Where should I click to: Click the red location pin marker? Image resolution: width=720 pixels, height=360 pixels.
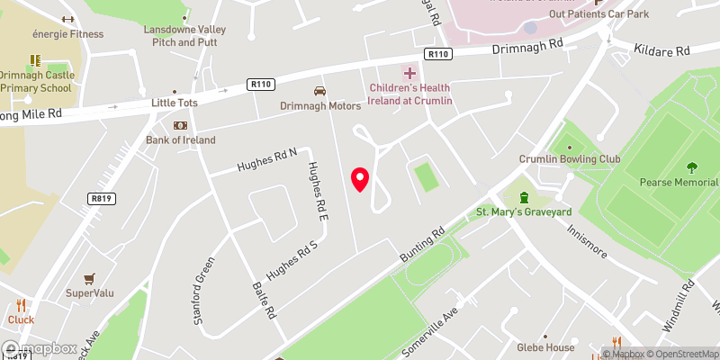tap(360, 179)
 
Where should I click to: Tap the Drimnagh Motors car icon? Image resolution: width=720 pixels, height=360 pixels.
tap(319, 91)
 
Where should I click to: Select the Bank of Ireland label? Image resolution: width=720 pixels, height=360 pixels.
tap(181, 139)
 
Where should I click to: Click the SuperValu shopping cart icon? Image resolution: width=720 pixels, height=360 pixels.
tap(89, 279)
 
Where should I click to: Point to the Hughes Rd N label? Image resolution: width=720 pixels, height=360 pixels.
tap(266, 161)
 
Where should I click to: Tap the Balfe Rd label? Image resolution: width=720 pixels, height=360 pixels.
tap(263, 301)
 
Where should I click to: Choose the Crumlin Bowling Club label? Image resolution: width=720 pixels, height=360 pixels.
tap(570, 159)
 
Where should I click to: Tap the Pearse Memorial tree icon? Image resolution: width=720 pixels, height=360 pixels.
tap(691, 166)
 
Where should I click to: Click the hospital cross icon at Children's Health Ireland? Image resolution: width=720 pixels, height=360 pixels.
tap(410, 72)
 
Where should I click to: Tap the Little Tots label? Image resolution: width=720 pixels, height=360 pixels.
tap(174, 103)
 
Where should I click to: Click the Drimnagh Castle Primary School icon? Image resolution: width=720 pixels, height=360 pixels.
tap(36, 61)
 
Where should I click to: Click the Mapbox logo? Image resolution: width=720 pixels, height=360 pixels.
tap(40, 349)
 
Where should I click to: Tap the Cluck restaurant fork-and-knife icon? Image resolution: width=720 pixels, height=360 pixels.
tap(21, 304)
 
